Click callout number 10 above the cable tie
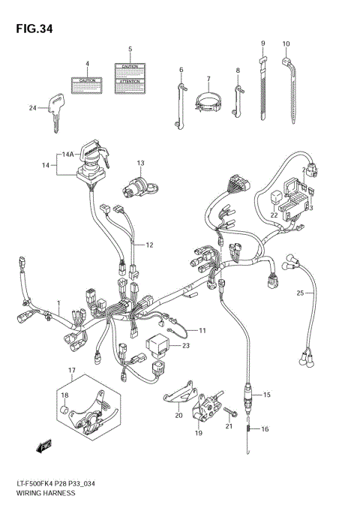286,44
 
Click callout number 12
149,245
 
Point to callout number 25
299,292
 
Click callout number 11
202,329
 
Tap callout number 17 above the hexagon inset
73,371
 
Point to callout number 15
266,393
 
